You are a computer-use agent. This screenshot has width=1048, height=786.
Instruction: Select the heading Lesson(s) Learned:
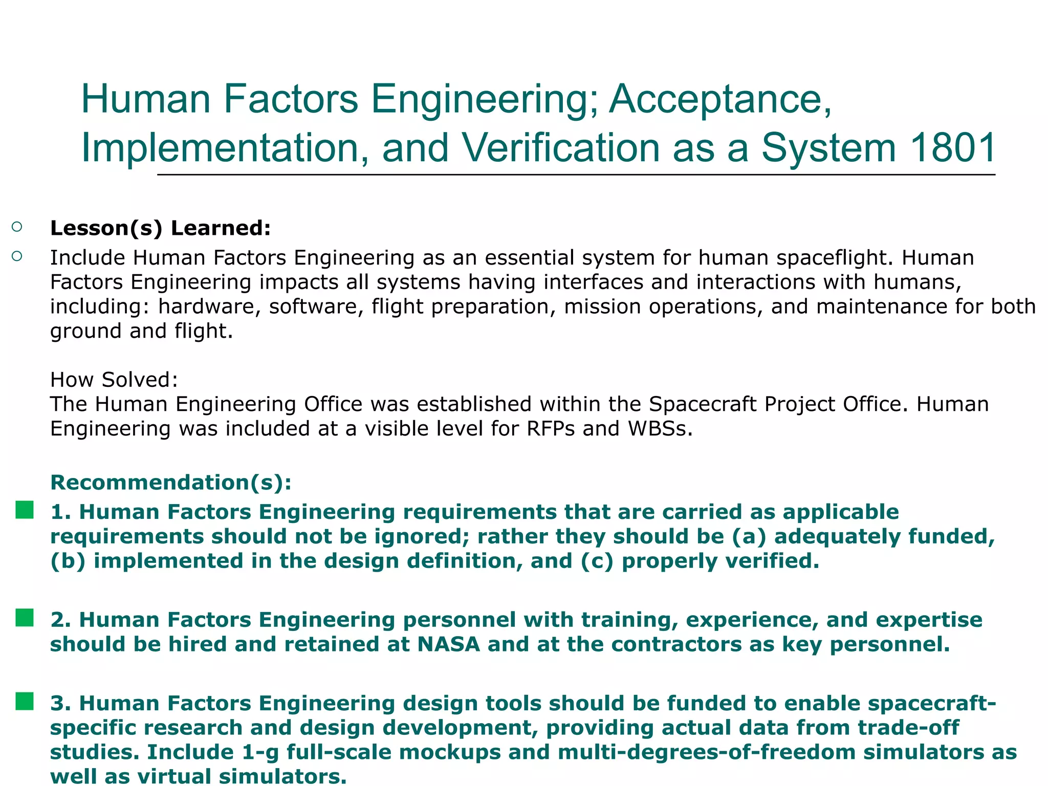tap(160, 228)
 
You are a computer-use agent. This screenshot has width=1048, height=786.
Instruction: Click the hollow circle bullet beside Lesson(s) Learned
tap(17, 227)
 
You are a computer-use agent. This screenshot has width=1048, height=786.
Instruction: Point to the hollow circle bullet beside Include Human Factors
tap(17, 256)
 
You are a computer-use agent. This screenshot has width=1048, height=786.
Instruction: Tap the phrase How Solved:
tap(114, 380)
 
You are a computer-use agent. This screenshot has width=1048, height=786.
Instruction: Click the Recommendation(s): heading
tap(171, 483)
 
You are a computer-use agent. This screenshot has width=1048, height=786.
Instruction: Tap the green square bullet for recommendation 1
tap(25, 510)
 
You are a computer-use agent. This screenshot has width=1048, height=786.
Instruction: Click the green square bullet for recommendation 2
tap(25, 618)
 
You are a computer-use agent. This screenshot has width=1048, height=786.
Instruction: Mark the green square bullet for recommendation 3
tap(25, 702)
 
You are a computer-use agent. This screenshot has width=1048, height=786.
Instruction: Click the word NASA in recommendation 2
tap(448, 644)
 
